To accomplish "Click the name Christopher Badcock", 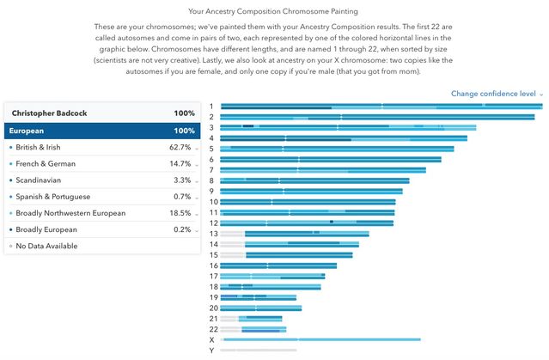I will point(51,114).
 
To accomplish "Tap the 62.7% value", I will point(180,148).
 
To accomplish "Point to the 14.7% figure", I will point(180,164).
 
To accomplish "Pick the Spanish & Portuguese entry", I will point(52,197).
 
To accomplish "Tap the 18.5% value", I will point(180,213).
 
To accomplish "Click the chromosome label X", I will point(212,340).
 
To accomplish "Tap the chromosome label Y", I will point(212,351).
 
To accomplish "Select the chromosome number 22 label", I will point(213,329).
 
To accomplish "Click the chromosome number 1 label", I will point(211,107).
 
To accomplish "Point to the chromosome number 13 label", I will point(213,234).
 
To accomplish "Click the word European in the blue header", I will point(27,131).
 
